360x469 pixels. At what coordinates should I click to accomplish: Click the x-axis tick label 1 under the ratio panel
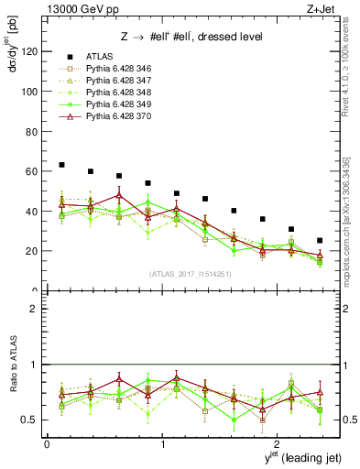point(163,444)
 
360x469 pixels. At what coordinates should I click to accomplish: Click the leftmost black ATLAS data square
point(61,165)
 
